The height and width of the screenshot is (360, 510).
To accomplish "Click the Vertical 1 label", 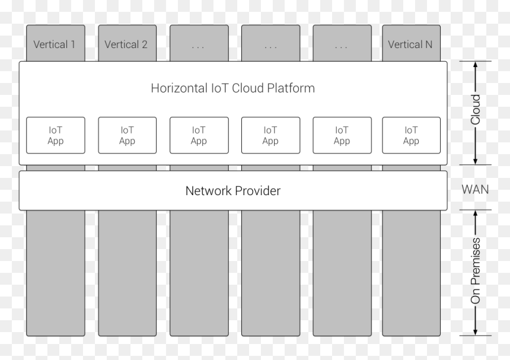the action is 55,44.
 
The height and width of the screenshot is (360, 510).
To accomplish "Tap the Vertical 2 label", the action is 126,44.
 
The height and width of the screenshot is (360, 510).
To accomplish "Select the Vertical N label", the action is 410,44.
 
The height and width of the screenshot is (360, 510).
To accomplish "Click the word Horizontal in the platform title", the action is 179,88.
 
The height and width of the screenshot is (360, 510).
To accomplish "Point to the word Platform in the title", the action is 291,88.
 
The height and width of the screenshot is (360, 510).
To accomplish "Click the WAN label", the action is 475,189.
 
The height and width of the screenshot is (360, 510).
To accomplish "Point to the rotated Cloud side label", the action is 475,110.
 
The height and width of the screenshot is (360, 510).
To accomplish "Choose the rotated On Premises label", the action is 475,271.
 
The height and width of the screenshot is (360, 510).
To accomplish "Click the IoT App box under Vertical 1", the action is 56,135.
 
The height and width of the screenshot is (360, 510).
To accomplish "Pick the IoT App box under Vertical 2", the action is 127,135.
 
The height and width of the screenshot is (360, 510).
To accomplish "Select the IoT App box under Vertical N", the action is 412,135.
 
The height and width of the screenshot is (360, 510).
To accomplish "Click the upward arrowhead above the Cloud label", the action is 475,65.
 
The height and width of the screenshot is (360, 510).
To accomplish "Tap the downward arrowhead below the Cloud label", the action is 475,161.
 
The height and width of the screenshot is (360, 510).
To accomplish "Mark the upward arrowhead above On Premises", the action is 475,214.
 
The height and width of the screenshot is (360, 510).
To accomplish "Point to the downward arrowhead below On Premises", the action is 475,332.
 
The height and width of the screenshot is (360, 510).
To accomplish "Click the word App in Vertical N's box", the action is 411,141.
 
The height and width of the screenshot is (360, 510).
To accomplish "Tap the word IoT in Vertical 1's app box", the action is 55,130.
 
